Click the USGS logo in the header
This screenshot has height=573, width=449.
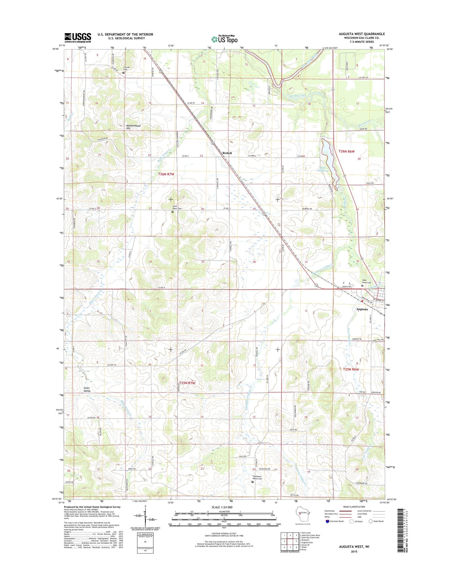78,37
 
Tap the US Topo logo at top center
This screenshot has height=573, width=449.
224,39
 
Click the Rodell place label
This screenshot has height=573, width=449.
227,153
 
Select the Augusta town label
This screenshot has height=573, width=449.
362,309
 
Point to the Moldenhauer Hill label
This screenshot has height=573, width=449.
133,127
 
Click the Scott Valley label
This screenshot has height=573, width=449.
87,389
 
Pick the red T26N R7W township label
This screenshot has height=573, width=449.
166,174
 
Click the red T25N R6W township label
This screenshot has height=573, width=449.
351,369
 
